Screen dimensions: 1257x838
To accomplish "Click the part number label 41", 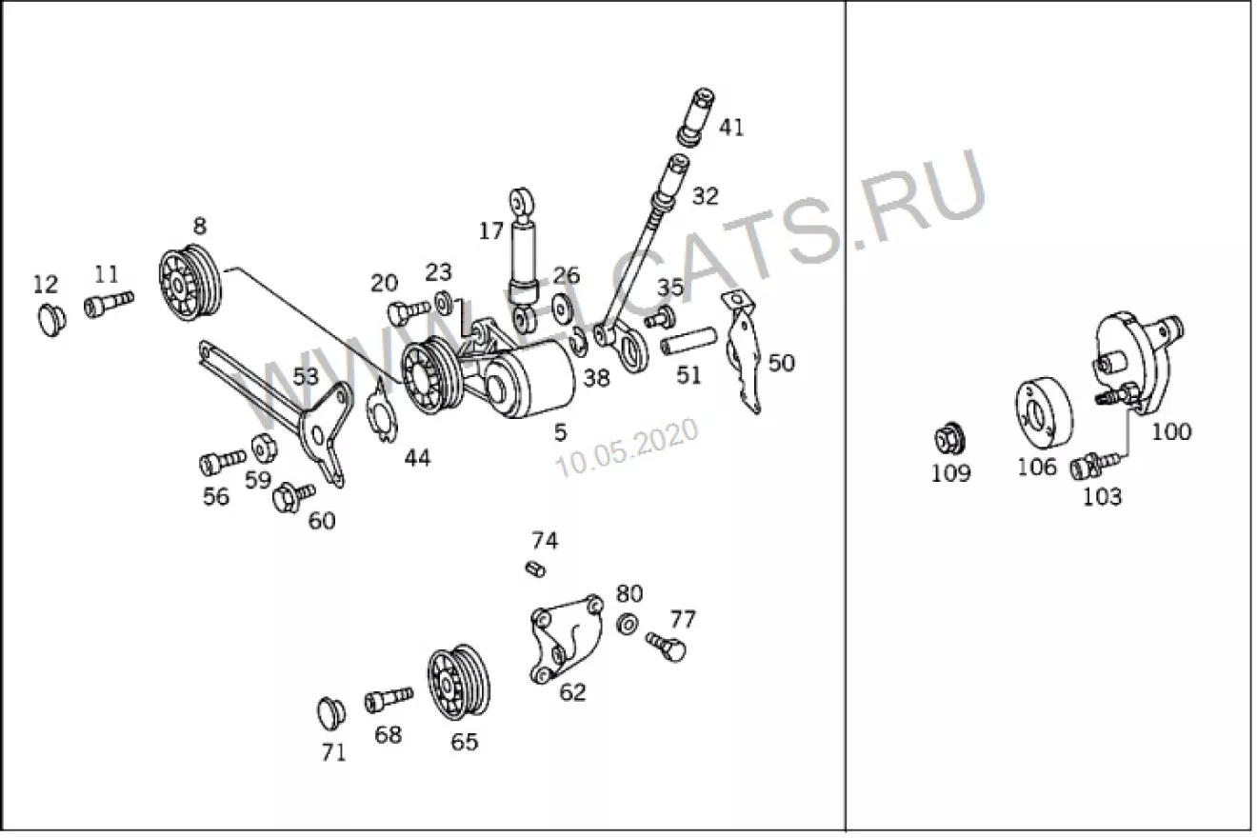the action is pyautogui.click(x=731, y=128).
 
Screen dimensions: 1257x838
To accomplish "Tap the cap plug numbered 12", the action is pyautogui.click(x=51, y=320).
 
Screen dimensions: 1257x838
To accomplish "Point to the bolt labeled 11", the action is pyautogui.click(x=109, y=304).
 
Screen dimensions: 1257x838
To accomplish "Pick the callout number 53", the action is pyautogui.click(x=306, y=376).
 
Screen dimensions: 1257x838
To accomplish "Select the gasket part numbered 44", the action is pyautogui.click(x=382, y=409).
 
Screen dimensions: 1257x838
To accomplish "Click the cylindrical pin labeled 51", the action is pyautogui.click(x=688, y=341).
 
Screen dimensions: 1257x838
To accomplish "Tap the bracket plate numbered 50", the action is pyautogui.click(x=742, y=352).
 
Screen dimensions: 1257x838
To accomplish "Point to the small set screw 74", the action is pyautogui.click(x=535, y=569).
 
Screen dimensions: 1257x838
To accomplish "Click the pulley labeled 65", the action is pyautogui.click(x=458, y=683).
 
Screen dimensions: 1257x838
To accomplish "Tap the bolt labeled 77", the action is pyautogui.click(x=666, y=648).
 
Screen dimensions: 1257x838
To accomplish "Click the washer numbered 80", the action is pyautogui.click(x=627, y=624).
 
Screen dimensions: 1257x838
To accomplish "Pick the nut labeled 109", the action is pyautogui.click(x=949, y=439).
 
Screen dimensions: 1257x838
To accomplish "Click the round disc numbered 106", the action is pyautogui.click(x=1043, y=412).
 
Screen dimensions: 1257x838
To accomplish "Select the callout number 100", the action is pyautogui.click(x=1171, y=431).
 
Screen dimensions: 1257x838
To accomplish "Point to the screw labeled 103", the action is pyautogui.click(x=1094, y=465).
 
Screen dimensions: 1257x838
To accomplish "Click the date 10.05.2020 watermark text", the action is pyautogui.click(x=627, y=449).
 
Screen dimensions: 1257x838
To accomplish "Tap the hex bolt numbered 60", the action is pyautogui.click(x=293, y=495).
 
